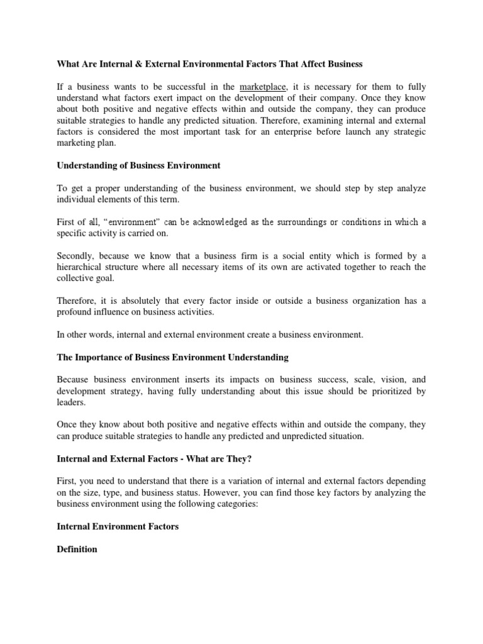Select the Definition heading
pyautogui.click(x=77, y=549)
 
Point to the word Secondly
pyautogui.click(x=76, y=256)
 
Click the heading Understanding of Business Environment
pyautogui.click(x=138, y=165)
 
